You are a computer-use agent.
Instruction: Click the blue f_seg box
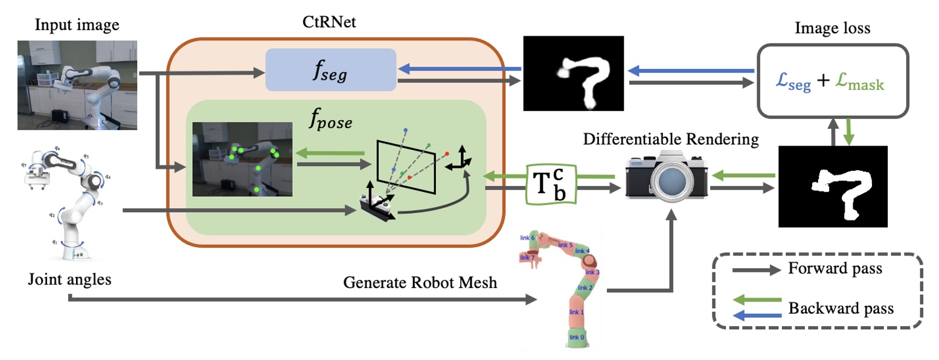(331, 70)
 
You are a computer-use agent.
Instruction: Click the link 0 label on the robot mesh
(577, 337)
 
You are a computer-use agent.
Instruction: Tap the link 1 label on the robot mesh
(577, 312)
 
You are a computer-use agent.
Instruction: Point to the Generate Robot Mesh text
(420, 282)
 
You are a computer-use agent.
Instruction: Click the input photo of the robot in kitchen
(77, 85)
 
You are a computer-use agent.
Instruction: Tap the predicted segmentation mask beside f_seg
(572, 74)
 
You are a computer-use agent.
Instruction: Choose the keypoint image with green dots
(242, 159)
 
